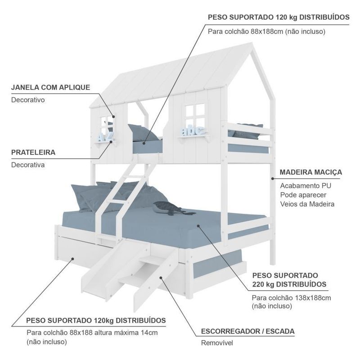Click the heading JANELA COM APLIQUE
click(50, 87)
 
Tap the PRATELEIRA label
click(33, 152)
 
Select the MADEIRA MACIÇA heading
click(310, 172)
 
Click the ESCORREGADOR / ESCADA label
click(247, 332)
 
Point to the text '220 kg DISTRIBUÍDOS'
click(289, 285)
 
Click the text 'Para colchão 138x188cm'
click(291, 298)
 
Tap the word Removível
click(216, 343)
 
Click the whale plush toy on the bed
click(168, 208)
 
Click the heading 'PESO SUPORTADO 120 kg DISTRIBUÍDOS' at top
click(279, 17)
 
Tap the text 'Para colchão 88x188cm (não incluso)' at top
click(266, 31)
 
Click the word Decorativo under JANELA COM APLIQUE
click(28, 100)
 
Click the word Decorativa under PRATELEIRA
click(28, 165)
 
